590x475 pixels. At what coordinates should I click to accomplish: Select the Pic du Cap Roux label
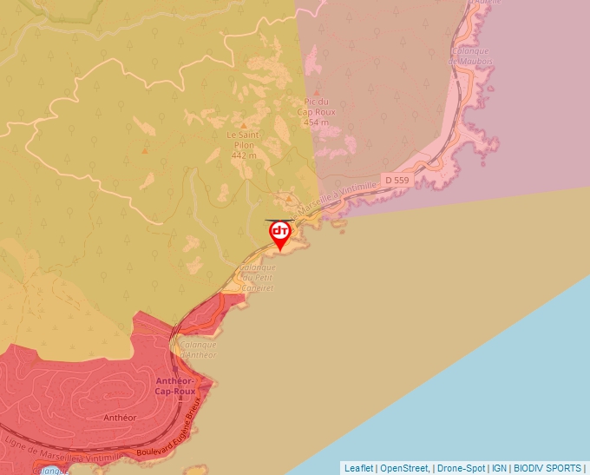[x=316, y=108]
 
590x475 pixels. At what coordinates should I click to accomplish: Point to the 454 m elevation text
[x=316, y=122]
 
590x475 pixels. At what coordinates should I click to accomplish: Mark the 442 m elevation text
[x=244, y=155]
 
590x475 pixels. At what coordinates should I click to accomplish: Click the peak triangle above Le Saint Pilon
[x=244, y=126]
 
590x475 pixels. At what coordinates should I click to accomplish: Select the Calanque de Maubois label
[x=469, y=56]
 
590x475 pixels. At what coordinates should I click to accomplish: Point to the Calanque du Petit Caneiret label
[x=258, y=277]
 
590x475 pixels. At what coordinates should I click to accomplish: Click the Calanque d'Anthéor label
[x=199, y=349]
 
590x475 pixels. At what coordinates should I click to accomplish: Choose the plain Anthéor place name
[x=121, y=418]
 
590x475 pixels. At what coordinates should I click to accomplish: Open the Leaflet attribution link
[x=358, y=468]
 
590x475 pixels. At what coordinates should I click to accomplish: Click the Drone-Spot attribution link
[x=460, y=468]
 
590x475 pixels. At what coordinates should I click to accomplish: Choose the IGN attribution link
[x=499, y=468]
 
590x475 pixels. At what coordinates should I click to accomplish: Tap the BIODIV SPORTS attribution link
[x=547, y=468]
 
